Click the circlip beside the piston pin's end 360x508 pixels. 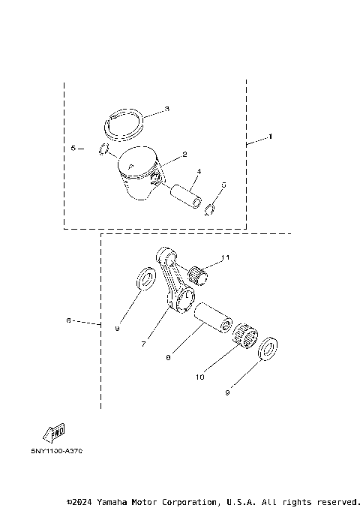(212, 208)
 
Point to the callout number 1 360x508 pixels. (271, 137)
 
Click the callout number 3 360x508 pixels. (166, 109)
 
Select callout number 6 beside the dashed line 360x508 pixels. (68, 320)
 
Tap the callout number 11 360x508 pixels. (225, 257)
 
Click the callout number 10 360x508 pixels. (199, 377)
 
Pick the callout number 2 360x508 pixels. (184, 155)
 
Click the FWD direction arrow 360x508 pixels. (54, 433)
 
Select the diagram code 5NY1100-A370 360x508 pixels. (57, 451)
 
